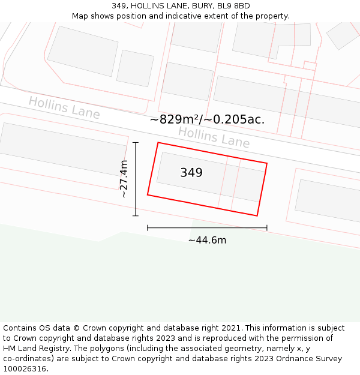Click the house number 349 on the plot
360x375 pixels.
tap(191, 173)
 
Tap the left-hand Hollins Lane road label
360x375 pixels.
tap(64, 108)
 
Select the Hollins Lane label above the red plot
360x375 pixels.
tap(214, 137)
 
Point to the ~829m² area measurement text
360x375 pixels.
tap(206, 119)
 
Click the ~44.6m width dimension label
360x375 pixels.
tap(207, 241)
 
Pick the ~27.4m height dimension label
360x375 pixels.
tap(124, 179)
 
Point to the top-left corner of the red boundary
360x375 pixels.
tap(158, 143)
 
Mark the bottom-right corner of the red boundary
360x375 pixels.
tap(257, 215)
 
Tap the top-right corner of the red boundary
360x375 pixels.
tap(267, 163)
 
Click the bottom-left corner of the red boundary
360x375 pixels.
tap(148, 194)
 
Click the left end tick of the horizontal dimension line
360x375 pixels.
tap(148, 228)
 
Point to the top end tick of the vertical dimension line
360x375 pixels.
tap(136, 143)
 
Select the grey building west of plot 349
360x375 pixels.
tap(63, 142)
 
